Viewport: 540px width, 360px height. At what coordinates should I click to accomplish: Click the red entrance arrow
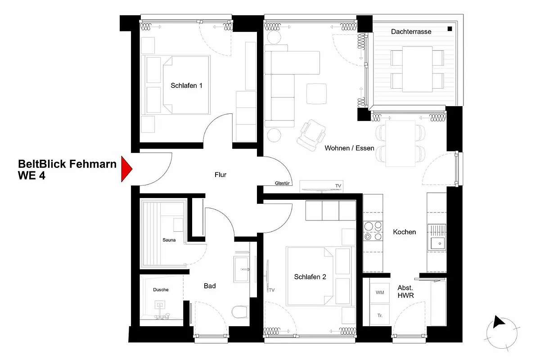(x=126, y=169)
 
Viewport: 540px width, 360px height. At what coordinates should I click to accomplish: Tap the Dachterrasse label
(x=411, y=31)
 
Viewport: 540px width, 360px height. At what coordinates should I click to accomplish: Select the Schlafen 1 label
(x=186, y=85)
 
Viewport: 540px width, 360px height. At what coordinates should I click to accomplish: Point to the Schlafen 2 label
(x=310, y=277)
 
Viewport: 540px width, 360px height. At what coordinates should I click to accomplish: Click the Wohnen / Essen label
(x=349, y=148)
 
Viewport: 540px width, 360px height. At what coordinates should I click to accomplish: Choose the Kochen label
(x=404, y=232)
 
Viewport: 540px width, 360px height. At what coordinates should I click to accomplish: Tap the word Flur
(x=220, y=175)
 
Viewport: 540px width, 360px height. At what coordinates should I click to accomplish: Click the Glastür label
(x=282, y=183)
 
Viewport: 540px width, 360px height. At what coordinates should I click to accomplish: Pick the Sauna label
(x=169, y=240)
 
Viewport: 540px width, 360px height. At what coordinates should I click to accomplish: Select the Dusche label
(x=161, y=290)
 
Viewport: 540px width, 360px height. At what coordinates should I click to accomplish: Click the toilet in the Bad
(x=239, y=312)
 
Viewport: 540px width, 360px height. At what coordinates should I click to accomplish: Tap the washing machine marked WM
(x=380, y=293)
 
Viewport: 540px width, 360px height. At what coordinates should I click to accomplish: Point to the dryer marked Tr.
(x=380, y=315)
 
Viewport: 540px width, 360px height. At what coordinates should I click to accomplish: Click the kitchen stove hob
(x=373, y=231)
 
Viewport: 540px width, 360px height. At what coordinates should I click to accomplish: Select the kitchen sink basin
(x=437, y=243)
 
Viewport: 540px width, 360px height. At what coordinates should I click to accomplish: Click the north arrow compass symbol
(x=502, y=333)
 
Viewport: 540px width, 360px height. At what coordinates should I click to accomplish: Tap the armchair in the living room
(x=311, y=135)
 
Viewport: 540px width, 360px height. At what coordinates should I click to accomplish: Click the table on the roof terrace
(x=417, y=69)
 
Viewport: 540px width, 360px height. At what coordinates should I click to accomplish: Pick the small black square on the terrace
(x=450, y=29)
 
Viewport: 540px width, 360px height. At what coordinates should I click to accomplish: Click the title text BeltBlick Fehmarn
(x=67, y=164)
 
